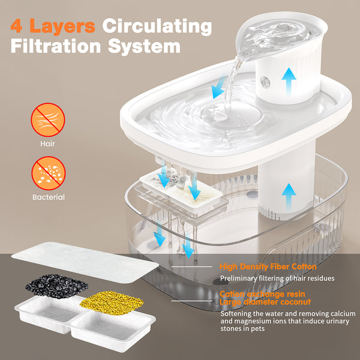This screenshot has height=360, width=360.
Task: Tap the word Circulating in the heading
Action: (x=157, y=26)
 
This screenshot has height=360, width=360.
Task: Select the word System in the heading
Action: (x=144, y=47)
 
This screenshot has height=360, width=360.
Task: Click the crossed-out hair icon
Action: (x=48, y=120)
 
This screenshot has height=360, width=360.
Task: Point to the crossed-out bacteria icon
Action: (x=49, y=173)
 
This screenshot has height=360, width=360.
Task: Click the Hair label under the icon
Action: (x=47, y=144)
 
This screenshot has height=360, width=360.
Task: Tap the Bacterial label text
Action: (x=49, y=197)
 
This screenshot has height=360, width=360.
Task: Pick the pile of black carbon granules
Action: (x=57, y=286)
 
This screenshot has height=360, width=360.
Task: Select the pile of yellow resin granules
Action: (x=112, y=303)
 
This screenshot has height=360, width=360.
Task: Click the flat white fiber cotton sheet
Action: (x=85, y=263)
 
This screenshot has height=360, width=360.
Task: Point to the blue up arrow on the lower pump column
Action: (x=289, y=197)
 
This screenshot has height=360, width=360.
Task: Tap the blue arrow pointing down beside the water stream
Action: (x=218, y=87)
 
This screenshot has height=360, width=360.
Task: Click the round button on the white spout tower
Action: (x=265, y=82)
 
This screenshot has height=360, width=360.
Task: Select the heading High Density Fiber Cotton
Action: (x=268, y=266)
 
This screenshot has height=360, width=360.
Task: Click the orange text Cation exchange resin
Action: (x=262, y=294)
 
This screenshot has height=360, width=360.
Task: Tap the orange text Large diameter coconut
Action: (x=265, y=302)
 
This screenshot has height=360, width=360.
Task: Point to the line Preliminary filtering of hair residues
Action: (x=277, y=278)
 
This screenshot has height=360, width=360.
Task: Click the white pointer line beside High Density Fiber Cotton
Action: (x=192, y=266)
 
